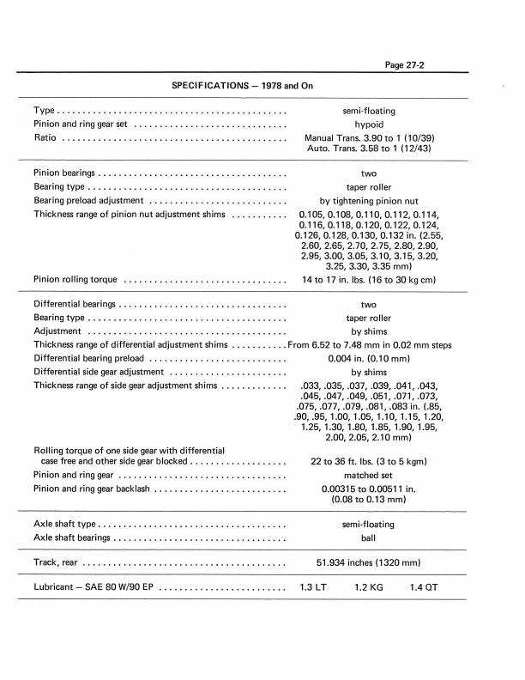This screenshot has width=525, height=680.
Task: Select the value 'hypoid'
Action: point(368,124)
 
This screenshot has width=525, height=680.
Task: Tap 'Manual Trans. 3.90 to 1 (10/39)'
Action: point(369,137)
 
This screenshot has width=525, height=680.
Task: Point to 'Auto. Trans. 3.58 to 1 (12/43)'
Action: point(369,149)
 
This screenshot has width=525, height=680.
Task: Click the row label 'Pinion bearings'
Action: point(64,173)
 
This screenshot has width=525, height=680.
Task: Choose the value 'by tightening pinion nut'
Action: point(368,200)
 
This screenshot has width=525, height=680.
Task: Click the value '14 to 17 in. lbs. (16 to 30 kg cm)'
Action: point(369,279)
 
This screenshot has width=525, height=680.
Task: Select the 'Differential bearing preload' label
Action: point(90,359)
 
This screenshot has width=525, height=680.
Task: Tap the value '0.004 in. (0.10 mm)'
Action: point(369,359)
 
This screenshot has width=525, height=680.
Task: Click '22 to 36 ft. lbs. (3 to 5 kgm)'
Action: point(369,461)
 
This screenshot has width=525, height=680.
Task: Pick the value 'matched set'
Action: point(368,475)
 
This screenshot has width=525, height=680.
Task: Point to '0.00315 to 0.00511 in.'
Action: point(369,489)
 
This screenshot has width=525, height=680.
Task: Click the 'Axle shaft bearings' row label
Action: point(73,538)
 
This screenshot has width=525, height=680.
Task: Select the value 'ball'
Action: point(368,538)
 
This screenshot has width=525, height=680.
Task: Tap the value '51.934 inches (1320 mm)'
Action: point(369,563)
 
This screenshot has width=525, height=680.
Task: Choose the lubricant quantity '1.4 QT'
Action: point(424,588)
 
